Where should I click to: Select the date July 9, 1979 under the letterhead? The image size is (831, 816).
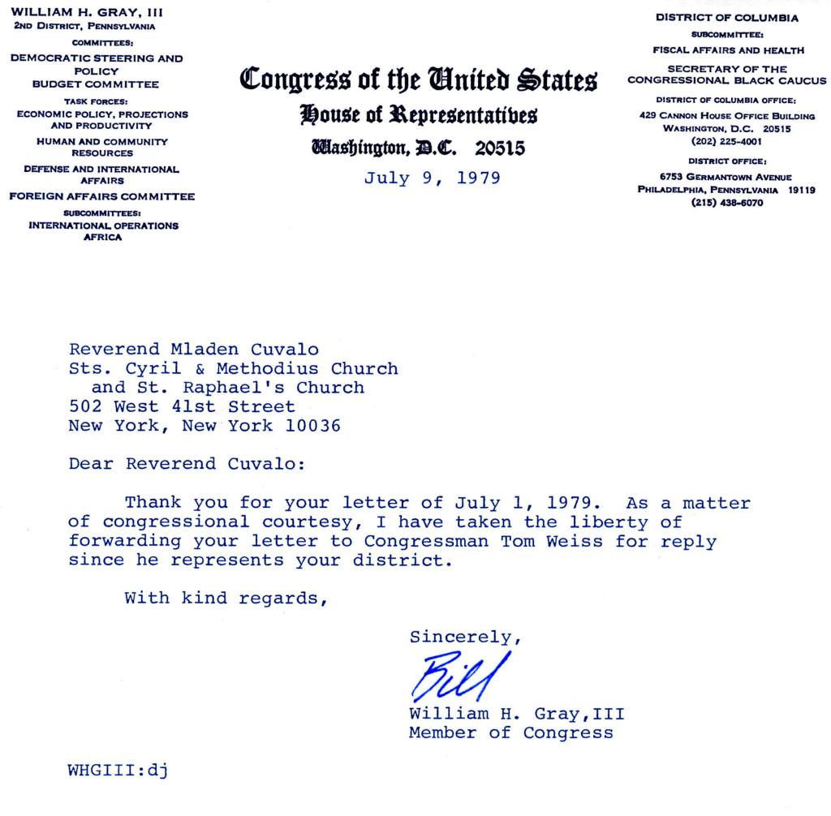(x=432, y=177)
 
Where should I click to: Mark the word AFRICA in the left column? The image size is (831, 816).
(x=103, y=237)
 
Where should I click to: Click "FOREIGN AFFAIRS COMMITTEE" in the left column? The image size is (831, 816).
(x=102, y=196)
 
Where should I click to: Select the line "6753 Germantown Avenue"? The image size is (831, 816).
(x=726, y=177)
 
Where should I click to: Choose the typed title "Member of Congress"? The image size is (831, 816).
(x=511, y=732)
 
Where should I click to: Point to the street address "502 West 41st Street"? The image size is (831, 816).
(x=182, y=406)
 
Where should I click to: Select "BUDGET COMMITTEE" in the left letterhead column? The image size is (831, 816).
(x=96, y=84)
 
